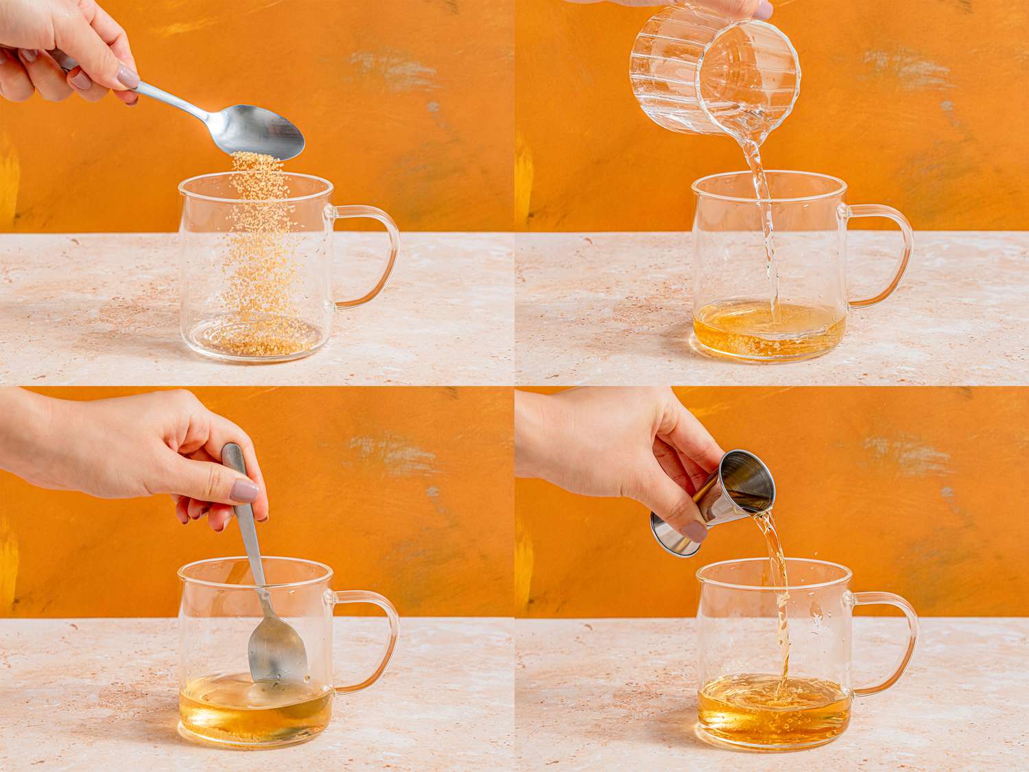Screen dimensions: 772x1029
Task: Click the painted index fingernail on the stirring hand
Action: [245, 491]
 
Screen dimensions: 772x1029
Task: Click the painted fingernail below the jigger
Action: [694, 530]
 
